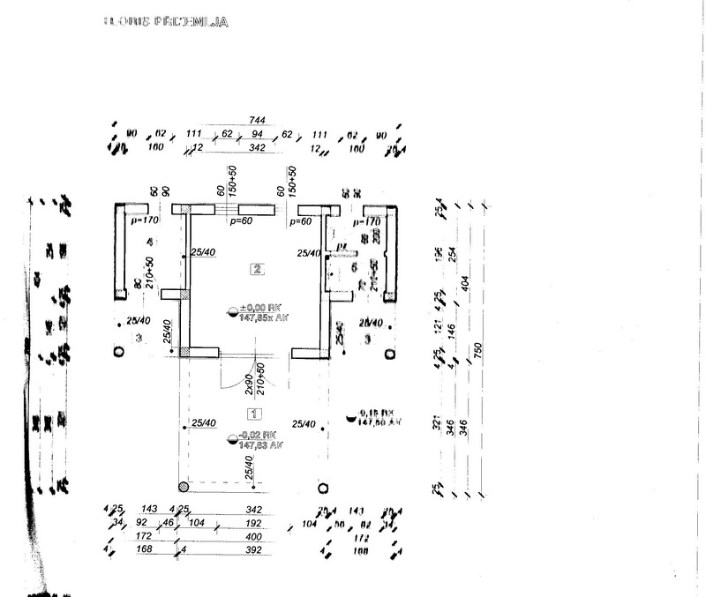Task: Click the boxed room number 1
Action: pyautogui.click(x=255, y=413)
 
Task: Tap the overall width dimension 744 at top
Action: pyautogui.click(x=258, y=120)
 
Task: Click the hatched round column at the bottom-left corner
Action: pyautogui.click(x=183, y=486)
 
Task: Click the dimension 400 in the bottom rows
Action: pyautogui.click(x=254, y=536)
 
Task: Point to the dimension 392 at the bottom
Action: pyautogui.click(x=254, y=550)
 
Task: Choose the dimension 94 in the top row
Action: pyautogui.click(x=259, y=134)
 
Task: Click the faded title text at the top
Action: pyautogui.click(x=165, y=21)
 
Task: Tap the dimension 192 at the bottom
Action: pyautogui.click(x=254, y=523)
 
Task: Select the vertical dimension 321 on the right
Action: pyautogui.click(x=436, y=422)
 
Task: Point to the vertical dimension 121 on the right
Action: pyautogui.click(x=436, y=325)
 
